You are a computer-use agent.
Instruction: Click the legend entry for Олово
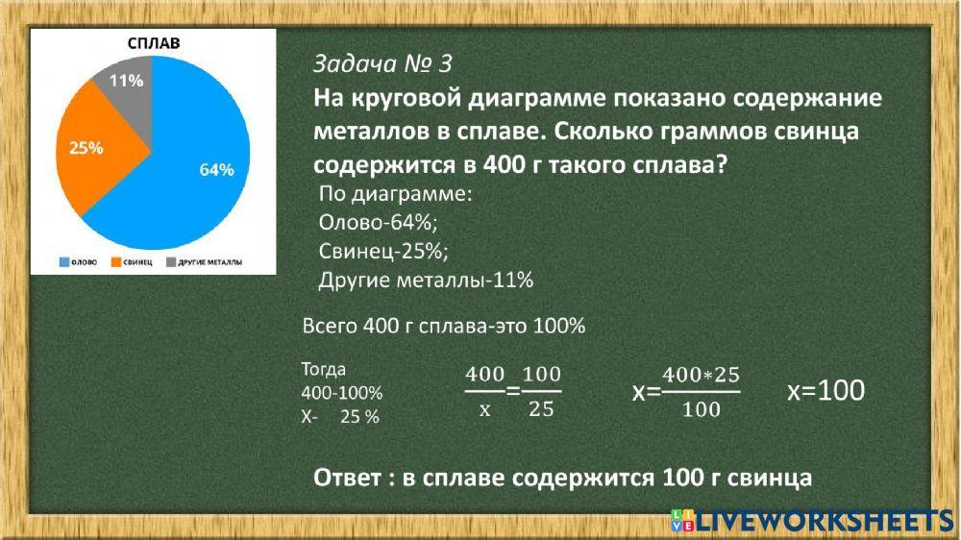point(78,261)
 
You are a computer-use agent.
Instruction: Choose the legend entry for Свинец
point(133,261)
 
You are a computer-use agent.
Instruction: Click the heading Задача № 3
point(382,64)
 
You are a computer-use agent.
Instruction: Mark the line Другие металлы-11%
point(425,281)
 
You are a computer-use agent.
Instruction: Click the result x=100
point(825,391)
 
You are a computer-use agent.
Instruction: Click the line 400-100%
point(342,393)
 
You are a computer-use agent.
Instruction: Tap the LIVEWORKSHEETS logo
point(813,521)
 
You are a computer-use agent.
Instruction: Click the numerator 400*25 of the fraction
point(701,374)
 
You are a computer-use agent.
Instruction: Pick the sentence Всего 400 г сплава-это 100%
point(443,326)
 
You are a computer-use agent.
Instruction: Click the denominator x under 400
point(484,409)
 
